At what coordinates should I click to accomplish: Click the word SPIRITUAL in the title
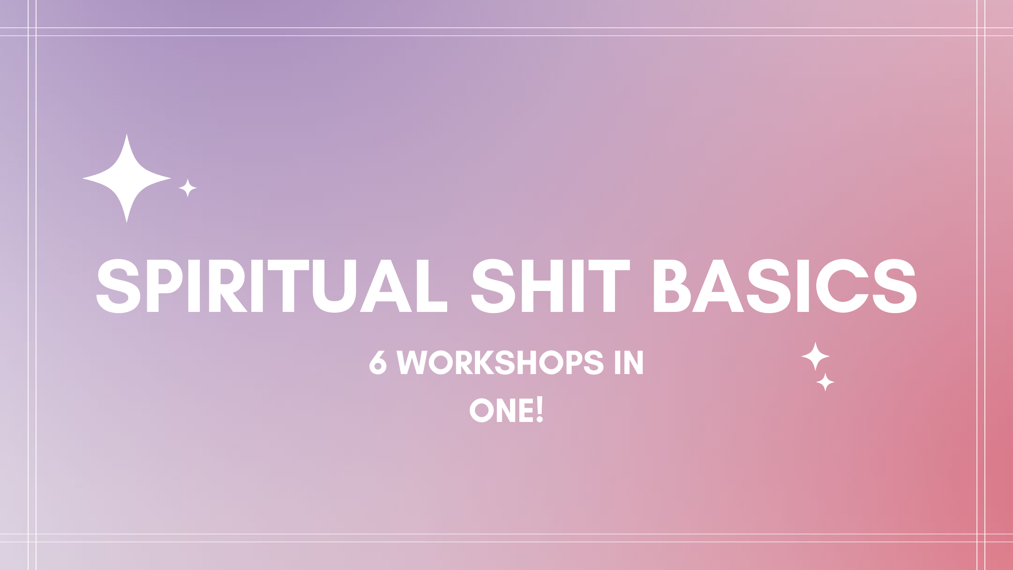coord(272,286)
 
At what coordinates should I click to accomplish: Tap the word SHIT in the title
coord(550,286)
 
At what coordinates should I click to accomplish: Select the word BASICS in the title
coord(785,286)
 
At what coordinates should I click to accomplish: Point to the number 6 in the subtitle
coord(378,362)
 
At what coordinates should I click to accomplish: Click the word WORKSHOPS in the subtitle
coord(500,362)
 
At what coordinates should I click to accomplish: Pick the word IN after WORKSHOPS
coord(629,362)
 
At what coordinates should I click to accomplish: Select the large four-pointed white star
coord(127,178)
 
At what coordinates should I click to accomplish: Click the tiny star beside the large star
coord(188,188)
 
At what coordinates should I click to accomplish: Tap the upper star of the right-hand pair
coord(815,356)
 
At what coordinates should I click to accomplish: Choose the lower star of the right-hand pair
coord(825,382)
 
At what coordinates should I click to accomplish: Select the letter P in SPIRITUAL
coord(165,286)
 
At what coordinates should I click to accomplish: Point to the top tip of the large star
coord(127,134)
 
